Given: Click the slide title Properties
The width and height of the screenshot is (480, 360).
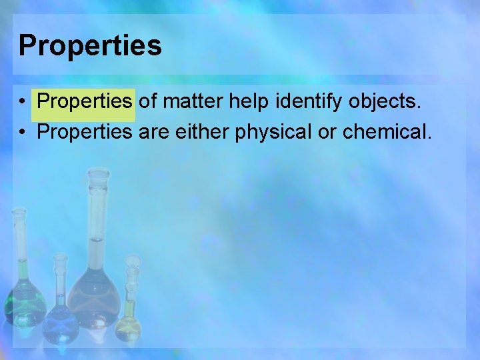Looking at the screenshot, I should tap(90, 46).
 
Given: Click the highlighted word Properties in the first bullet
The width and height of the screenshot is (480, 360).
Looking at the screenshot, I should tap(85, 101).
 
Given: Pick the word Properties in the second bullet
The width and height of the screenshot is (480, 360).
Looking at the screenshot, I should tap(85, 131).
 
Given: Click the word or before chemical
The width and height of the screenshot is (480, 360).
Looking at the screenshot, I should tap(327, 131).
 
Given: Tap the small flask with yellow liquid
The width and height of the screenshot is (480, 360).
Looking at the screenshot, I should tap(129, 323).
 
